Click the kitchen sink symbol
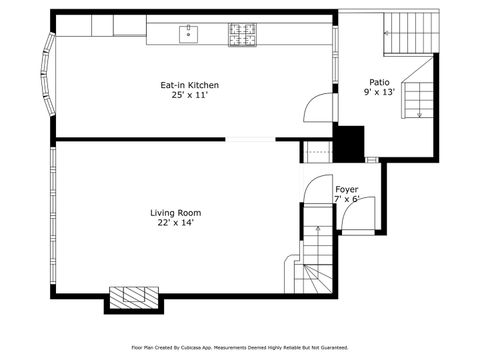(x=187, y=35)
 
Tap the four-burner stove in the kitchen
(x=241, y=35)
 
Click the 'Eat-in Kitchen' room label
(x=190, y=85)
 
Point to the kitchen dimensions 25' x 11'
(x=190, y=96)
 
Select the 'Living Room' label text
(x=176, y=212)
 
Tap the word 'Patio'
(x=379, y=82)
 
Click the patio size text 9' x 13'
(x=379, y=92)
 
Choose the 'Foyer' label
(x=347, y=189)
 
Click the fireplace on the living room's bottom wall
(x=133, y=297)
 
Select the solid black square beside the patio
(x=349, y=142)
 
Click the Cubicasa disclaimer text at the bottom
(x=240, y=347)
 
